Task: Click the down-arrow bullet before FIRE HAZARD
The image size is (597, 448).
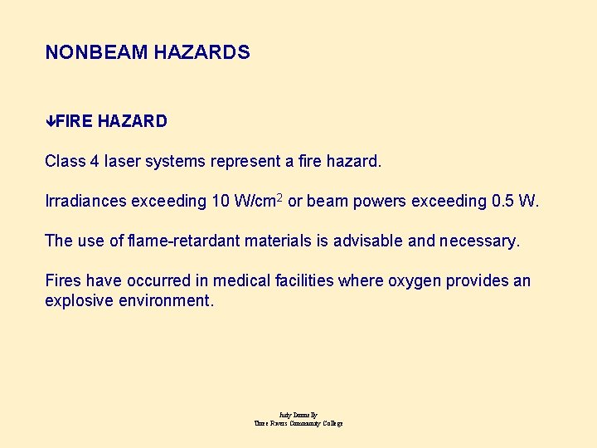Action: point(50,121)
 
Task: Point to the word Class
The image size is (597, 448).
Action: point(65,161)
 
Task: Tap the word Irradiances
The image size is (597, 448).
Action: point(85,201)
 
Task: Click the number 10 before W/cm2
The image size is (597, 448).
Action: point(221,201)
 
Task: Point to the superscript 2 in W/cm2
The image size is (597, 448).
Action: point(279,197)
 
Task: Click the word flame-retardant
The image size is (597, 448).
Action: point(187,241)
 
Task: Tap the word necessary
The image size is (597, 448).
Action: point(479,241)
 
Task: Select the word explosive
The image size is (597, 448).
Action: point(79,300)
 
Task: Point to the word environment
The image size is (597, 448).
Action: point(166,300)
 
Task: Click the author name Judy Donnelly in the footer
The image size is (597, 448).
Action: point(298,415)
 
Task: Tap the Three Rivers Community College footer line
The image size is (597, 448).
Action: point(298,423)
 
